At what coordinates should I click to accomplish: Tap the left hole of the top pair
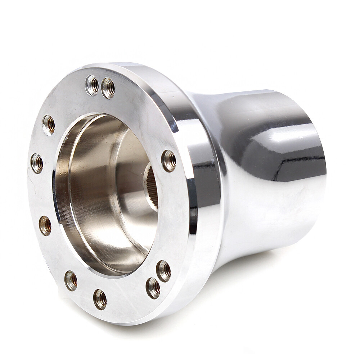[x=92, y=85]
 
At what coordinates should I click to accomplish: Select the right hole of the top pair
[x=108, y=88]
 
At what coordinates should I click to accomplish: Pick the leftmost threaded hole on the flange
[x=37, y=163]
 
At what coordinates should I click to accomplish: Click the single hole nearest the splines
[x=169, y=161]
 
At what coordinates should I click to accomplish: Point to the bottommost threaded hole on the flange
[x=100, y=299]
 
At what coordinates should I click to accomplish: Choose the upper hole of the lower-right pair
[x=163, y=271]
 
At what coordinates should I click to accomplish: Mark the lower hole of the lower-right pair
[x=153, y=288]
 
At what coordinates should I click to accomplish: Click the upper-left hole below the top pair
[x=49, y=125]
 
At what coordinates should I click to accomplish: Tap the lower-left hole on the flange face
[x=45, y=226]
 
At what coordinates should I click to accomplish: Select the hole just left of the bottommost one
[x=71, y=280]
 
